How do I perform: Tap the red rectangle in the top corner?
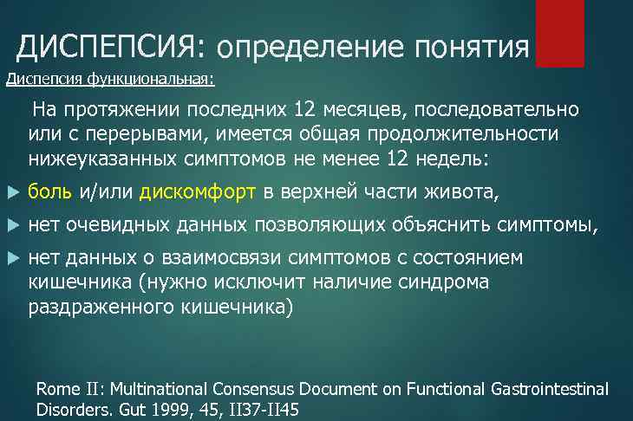(560, 33)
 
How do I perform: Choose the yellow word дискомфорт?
(198, 192)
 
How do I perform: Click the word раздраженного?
(95, 307)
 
